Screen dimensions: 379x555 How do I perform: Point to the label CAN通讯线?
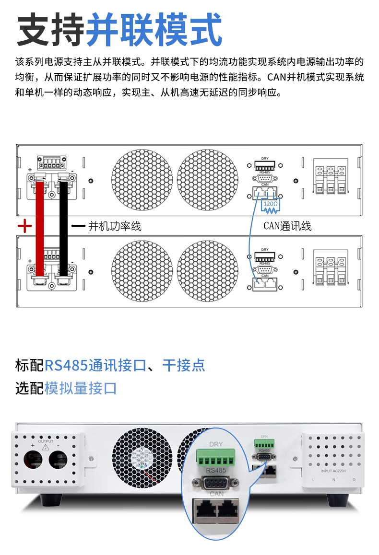[287, 226]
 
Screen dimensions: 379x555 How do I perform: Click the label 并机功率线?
[115, 226]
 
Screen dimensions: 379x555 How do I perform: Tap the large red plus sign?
[24, 226]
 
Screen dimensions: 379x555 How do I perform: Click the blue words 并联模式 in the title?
[154, 30]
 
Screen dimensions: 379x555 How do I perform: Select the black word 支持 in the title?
[51, 30]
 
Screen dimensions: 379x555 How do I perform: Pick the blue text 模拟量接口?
[81, 388]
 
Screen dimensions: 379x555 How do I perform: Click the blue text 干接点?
[184, 365]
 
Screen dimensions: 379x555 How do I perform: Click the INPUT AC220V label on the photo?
[333, 471]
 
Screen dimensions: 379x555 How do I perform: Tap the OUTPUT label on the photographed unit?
[46, 441]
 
